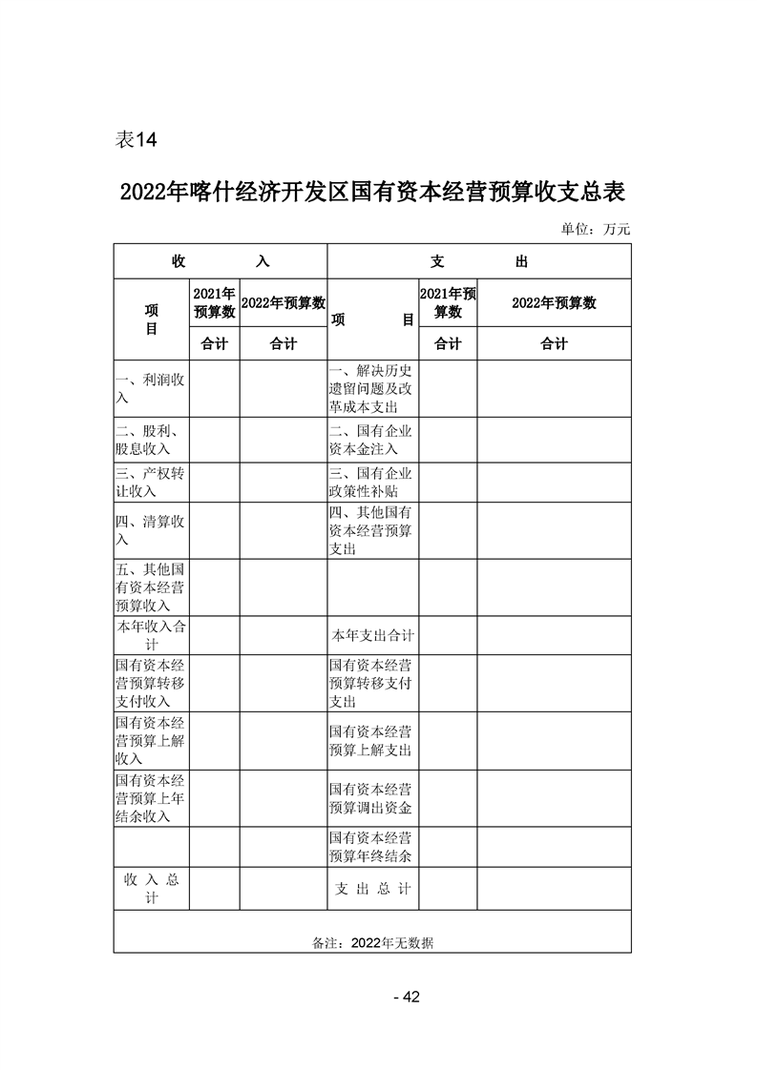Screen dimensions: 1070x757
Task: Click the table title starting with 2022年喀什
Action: click(x=372, y=192)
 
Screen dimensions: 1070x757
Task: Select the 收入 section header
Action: click(x=221, y=261)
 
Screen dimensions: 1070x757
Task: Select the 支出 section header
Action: click(x=478, y=261)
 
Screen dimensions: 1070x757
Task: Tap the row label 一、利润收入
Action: click(x=151, y=388)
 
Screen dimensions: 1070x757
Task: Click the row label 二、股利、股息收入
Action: click(x=151, y=439)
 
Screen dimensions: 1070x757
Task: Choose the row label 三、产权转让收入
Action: click(x=151, y=483)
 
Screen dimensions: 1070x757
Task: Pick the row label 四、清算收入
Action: click(x=151, y=530)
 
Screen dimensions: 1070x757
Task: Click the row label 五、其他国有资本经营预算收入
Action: click(x=151, y=586)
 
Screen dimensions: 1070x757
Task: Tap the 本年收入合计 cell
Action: click(x=151, y=635)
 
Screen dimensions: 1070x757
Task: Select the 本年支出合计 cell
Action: click(x=372, y=635)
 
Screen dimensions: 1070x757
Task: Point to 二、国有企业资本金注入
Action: click(x=372, y=439)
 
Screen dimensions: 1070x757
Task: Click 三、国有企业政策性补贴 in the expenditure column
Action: click(x=372, y=483)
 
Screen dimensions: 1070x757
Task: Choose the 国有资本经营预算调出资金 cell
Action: click(x=372, y=799)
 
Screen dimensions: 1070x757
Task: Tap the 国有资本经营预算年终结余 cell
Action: click(x=372, y=847)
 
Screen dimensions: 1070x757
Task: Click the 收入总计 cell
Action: click(x=151, y=888)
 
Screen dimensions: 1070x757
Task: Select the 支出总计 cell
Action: click(x=372, y=888)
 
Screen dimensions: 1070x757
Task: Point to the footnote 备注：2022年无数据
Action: click(x=372, y=942)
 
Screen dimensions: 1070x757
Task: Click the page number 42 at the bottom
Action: click(x=407, y=998)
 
